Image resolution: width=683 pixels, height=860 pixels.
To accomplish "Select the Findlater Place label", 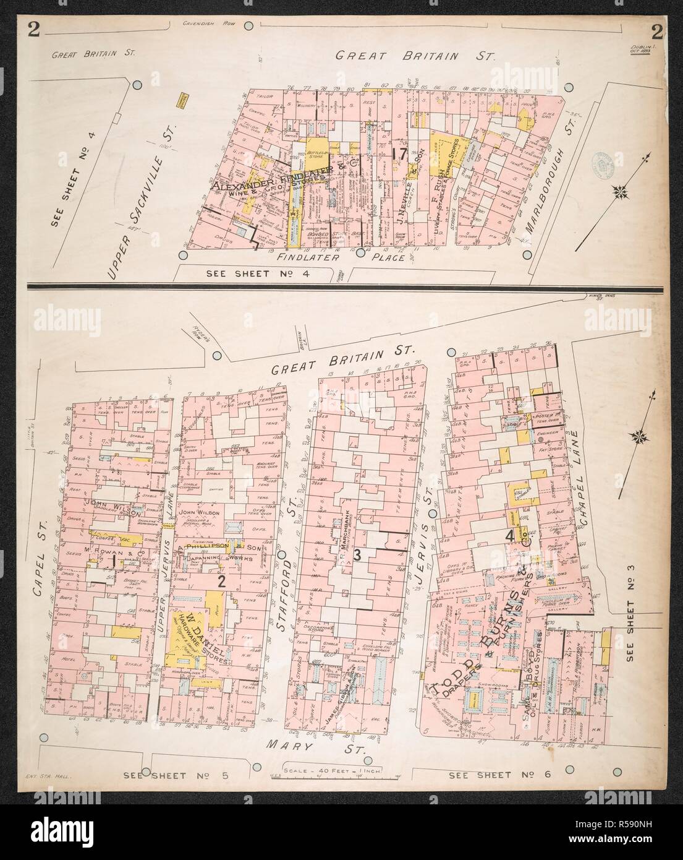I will click(x=350, y=257).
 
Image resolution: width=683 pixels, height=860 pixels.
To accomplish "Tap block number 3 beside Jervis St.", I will click(x=357, y=555).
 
